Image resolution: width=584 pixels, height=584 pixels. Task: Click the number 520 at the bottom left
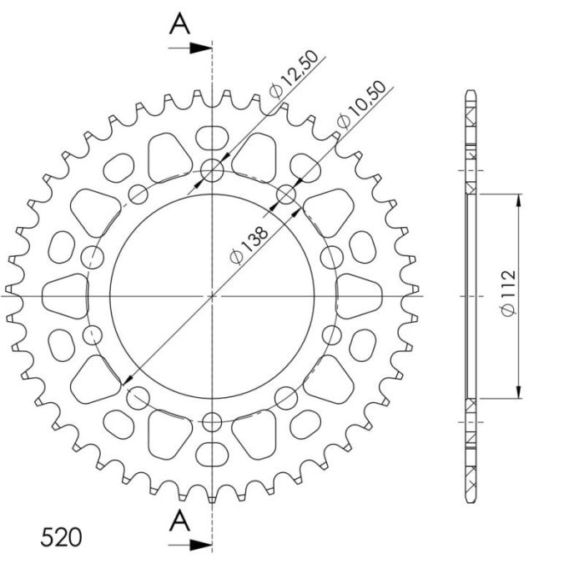point(62,536)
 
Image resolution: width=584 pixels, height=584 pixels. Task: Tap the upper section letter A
point(179,24)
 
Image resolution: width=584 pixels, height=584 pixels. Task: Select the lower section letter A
point(179,521)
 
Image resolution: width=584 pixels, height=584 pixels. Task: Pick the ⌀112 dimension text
point(508,296)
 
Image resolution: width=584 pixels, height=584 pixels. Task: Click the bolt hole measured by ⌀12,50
point(213,171)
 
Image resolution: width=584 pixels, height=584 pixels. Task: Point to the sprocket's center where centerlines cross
point(213,295)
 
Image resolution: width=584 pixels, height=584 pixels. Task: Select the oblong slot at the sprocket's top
point(213,135)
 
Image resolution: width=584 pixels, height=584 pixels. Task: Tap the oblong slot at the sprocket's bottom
point(213,456)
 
